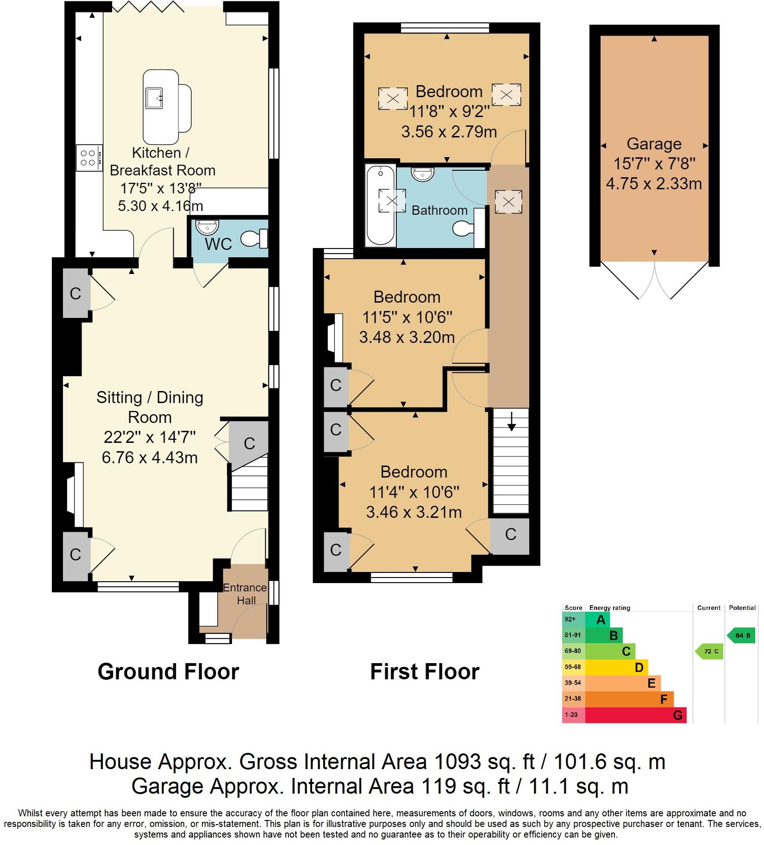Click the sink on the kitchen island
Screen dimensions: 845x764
(x=154, y=98)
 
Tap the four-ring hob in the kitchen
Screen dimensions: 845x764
(x=89, y=158)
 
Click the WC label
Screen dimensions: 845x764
(x=218, y=244)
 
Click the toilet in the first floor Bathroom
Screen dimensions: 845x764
(x=464, y=228)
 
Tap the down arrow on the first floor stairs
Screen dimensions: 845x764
(x=511, y=422)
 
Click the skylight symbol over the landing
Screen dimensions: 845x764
(x=508, y=202)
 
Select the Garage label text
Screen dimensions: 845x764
(x=654, y=144)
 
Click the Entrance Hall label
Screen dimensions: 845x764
(x=245, y=594)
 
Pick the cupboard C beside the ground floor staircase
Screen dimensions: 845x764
(x=250, y=443)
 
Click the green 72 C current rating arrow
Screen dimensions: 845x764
(x=710, y=652)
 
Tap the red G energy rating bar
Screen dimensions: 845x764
(x=635, y=715)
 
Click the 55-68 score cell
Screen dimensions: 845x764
(x=573, y=667)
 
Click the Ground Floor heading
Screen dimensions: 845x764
(x=168, y=671)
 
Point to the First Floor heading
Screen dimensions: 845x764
(x=425, y=671)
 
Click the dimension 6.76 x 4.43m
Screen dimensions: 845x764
(x=150, y=457)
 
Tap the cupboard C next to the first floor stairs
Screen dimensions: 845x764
(x=510, y=534)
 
